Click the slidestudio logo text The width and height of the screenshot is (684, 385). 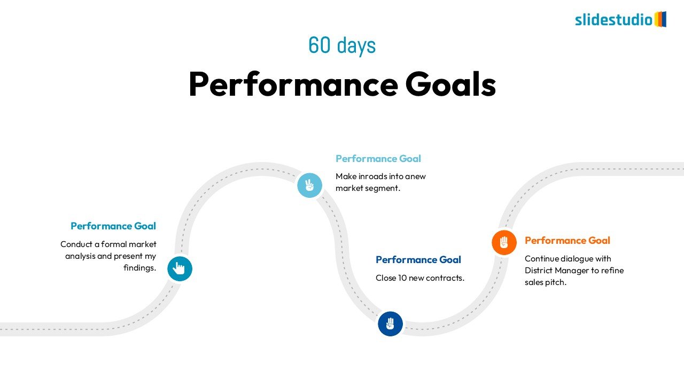tap(614, 20)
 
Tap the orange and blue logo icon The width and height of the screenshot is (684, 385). tap(660, 19)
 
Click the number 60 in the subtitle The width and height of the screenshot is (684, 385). tap(320, 45)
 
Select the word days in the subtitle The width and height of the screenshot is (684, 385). tap(356, 46)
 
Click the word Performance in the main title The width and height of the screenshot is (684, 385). tap(293, 84)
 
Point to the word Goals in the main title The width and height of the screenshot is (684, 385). tap(450, 84)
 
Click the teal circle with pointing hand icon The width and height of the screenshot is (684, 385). tap(180, 268)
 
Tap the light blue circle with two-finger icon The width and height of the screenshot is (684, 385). tap(309, 185)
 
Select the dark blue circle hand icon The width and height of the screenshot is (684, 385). tap(390, 324)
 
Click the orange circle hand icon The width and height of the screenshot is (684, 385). tap(504, 243)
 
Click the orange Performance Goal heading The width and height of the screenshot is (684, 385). tap(568, 241)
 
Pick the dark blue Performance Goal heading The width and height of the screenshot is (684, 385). tap(418, 260)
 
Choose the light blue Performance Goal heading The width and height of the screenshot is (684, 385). tap(378, 159)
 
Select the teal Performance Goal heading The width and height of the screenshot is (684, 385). tap(113, 226)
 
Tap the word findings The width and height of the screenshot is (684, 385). tap(140, 268)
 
